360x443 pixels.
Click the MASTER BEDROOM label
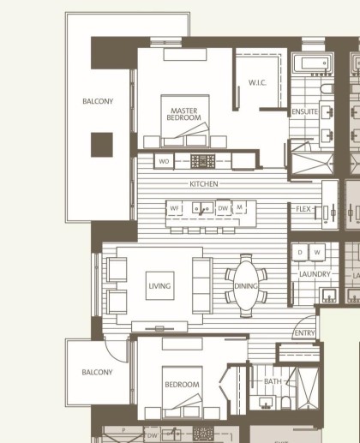[184, 114]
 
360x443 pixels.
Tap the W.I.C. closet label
[259, 83]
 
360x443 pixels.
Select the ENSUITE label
[304, 112]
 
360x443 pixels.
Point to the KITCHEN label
[205, 184]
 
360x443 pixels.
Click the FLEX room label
[303, 209]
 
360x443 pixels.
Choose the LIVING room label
[159, 286]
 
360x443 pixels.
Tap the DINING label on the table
[246, 286]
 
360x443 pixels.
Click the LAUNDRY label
[315, 274]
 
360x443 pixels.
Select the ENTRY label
[303, 332]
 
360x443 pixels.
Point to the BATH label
[273, 381]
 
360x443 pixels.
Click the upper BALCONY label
[98, 101]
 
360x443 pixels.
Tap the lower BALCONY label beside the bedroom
[98, 373]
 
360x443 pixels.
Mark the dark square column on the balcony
[101, 144]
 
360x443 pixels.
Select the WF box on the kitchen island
[175, 208]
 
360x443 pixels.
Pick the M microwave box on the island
[240, 208]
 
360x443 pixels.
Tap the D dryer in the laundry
[301, 253]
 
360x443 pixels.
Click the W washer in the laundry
[317, 253]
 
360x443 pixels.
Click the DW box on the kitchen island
[223, 208]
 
